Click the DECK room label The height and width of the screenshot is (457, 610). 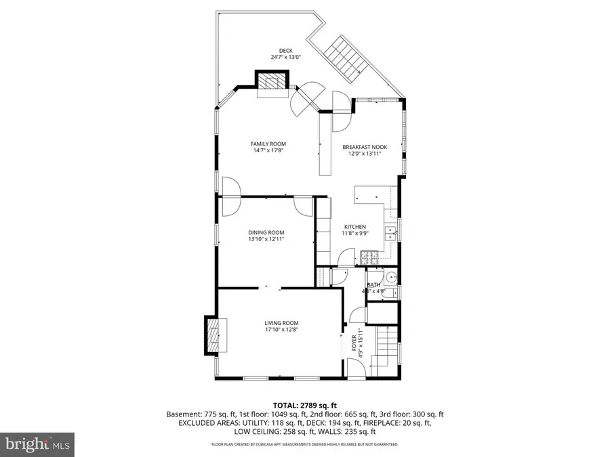coord(285,50)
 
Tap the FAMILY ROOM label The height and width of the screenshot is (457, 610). coord(268,144)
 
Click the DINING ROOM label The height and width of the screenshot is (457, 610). coord(265,232)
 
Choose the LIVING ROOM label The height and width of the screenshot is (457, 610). coord(281,323)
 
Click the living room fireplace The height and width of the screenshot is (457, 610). coord(215,334)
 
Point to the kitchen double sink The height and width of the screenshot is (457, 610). coord(390,234)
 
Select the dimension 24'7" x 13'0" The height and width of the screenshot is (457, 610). coord(285,58)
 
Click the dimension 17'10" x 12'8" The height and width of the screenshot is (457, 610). coord(281,330)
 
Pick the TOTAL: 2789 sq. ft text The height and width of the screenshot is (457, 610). coord(304,404)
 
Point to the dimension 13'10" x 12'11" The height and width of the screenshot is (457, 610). coord(265,239)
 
